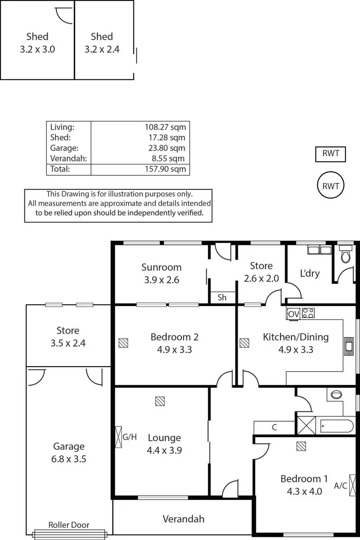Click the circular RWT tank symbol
tap(330, 186)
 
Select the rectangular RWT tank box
tap(330, 154)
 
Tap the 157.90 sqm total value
tap(165, 169)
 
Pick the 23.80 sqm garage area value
tap(167, 148)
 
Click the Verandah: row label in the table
tap(69, 158)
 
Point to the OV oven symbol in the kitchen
tap(293, 314)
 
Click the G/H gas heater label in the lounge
tap(129, 437)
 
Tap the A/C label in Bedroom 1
tap(340, 486)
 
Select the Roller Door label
tap(69, 525)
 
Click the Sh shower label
tap(222, 298)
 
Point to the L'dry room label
tap(310, 273)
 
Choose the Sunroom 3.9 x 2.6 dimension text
tap(162, 280)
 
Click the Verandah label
tap(184, 519)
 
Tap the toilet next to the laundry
tap(346, 255)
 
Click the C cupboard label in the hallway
tap(274, 427)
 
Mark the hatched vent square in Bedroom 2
tap(123, 343)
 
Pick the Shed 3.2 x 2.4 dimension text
tap(102, 50)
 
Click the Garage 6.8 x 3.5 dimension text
tap(69, 459)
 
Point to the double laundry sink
tap(319, 250)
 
